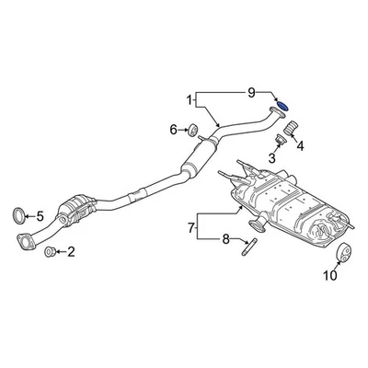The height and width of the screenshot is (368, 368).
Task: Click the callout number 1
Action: (190, 98)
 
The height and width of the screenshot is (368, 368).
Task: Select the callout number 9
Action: (250, 93)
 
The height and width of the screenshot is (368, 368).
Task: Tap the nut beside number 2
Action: (50, 251)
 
